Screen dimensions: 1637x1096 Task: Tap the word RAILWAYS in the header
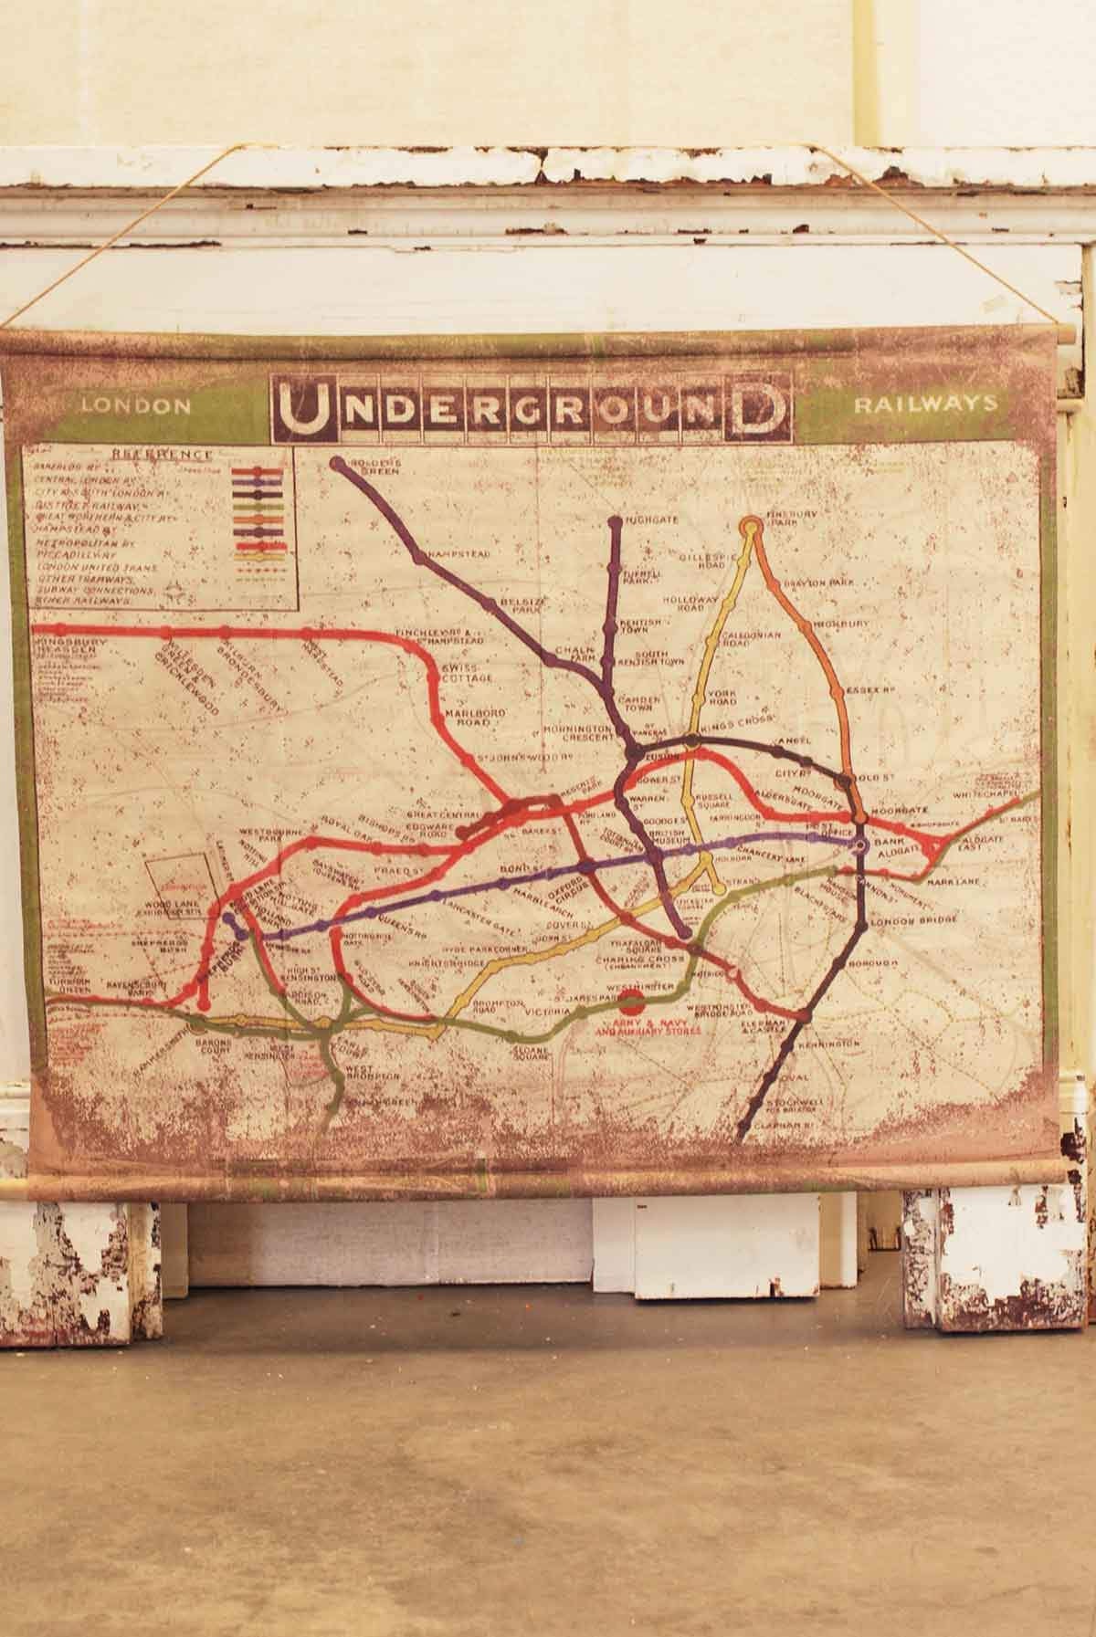point(923,404)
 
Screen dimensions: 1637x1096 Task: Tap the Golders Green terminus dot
point(338,462)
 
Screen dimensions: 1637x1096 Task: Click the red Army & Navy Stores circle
point(628,1004)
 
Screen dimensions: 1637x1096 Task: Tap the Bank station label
point(884,847)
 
